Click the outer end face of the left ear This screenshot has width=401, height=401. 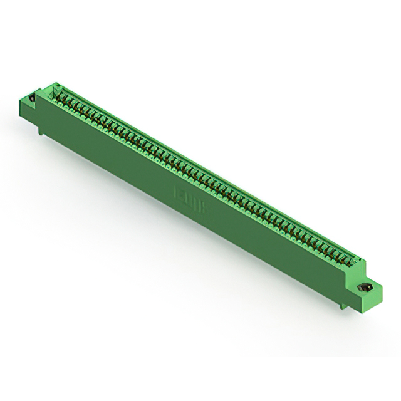(25, 110)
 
